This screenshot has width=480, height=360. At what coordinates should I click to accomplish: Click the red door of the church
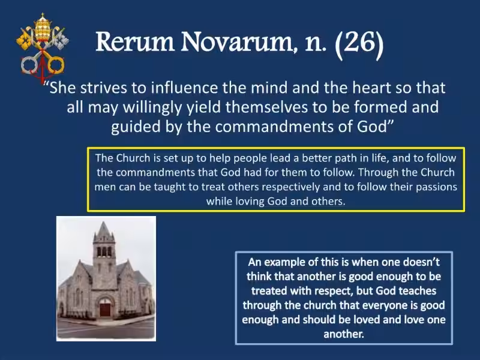tap(106, 309)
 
